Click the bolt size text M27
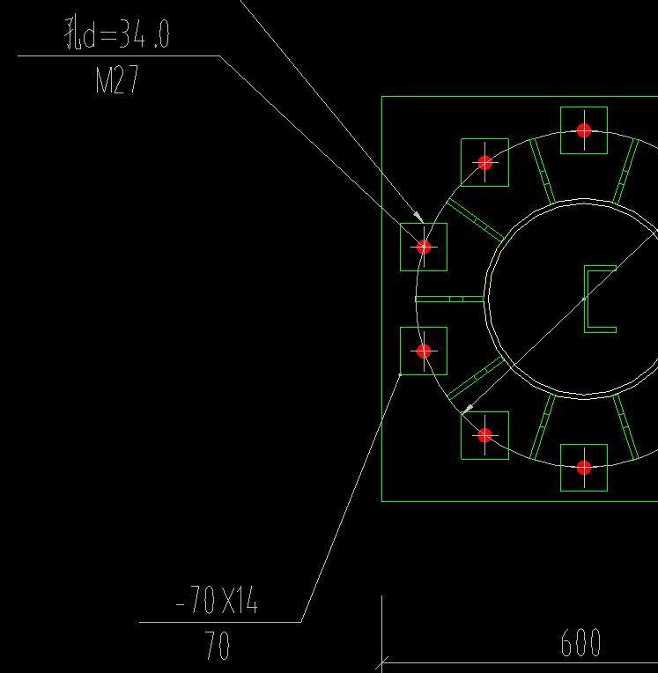point(117,79)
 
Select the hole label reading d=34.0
point(125,34)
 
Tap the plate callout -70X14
point(217,600)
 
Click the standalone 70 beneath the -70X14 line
point(217,645)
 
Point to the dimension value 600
point(580,642)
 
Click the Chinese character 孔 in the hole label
point(72,33)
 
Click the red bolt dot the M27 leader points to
point(424,247)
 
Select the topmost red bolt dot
point(584,130)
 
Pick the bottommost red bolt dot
point(584,468)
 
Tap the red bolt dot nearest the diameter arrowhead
point(485,435)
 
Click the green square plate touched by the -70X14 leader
point(424,351)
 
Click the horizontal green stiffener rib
point(450,300)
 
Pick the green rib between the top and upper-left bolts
point(543,171)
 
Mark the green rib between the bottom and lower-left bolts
point(543,427)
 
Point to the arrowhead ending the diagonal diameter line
point(468,408)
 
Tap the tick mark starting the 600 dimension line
point(381,662)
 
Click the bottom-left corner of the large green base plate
point(382,501)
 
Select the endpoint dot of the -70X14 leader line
point(400,374)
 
